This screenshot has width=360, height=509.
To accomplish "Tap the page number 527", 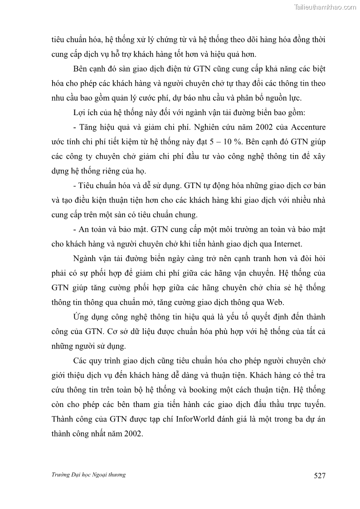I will pyautogui.click(x=320, y=475).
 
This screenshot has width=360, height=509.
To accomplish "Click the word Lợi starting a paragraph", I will pyautogui.click(x=80, y=112).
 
